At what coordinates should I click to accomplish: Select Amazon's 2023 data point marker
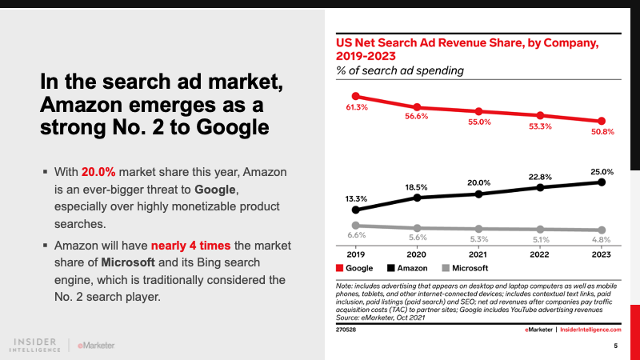pos(602,182)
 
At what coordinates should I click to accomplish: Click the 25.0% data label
pos(602,171)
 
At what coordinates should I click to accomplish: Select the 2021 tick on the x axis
pos(478,254)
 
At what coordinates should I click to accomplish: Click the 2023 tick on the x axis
pos(601,254)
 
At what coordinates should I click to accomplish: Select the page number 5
pos(615,346)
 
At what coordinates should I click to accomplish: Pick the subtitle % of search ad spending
pos(399,71)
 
